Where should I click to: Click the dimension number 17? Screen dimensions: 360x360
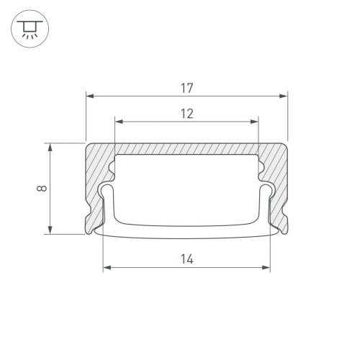[x=186, y=88]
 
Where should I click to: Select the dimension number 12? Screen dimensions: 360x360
[x=186, y=113]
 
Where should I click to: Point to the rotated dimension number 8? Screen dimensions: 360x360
[x=42, y=189]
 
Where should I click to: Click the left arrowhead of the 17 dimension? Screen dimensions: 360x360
[x=90, y=95]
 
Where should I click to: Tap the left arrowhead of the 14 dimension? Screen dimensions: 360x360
[x=107, y=268]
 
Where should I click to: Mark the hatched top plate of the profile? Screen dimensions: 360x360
[x=186, y=148]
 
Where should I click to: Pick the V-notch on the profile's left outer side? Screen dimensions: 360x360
[x=87, y=216]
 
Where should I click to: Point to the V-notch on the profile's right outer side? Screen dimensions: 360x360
[x=286, y=216]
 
